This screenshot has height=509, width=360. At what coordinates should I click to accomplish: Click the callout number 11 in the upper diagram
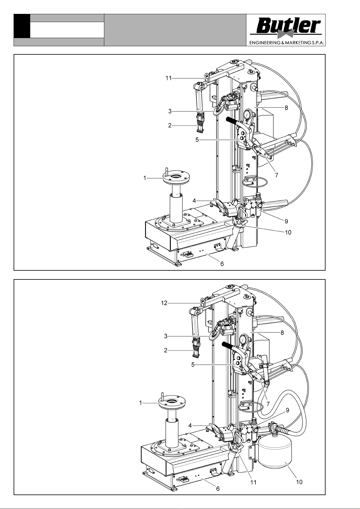tap(169, 79)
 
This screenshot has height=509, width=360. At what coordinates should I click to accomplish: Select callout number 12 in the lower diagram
tap(164, 303)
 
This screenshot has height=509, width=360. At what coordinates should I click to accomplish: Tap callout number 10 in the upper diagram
tap(288, 233)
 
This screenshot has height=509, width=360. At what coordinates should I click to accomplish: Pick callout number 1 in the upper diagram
tap(145, 178)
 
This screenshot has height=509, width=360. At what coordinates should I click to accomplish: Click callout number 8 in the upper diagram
tap(286, 108)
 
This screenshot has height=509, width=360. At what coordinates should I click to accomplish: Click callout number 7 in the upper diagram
tap(277, 175)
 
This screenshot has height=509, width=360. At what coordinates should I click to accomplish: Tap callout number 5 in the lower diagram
tap(193, 365)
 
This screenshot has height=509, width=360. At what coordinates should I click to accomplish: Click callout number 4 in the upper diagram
tap(194, 201)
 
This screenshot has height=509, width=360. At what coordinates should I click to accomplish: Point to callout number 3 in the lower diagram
tap(166, 336)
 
